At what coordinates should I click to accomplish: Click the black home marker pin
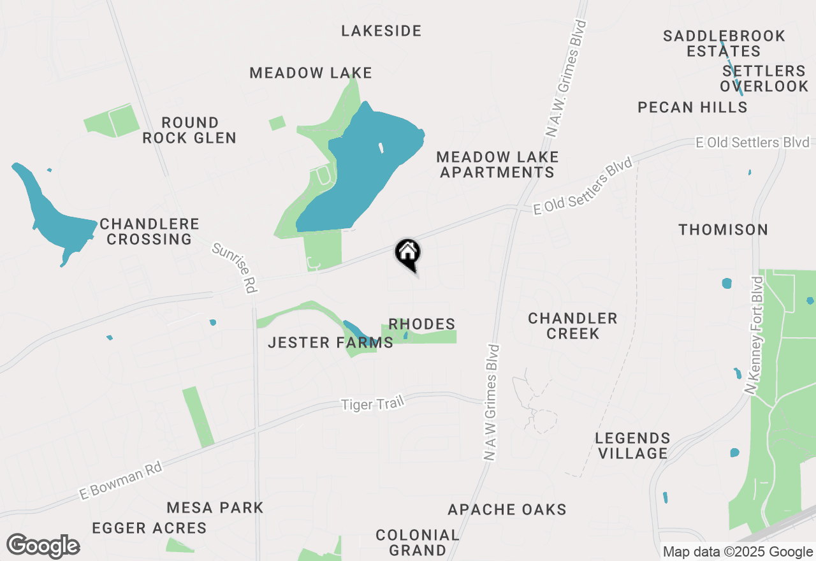tap(408, 254)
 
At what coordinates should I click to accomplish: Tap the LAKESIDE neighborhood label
tap(381, 31)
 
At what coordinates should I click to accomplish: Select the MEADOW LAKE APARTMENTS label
tap(497, 164)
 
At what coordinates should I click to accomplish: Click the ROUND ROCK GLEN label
tap(189, 130)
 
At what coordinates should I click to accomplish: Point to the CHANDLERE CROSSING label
tap(150, 232)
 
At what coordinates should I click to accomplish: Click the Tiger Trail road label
tap(373, 404)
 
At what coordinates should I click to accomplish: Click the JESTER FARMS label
tap(330, 343)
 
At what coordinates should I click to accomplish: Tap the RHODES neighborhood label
tap(422, 324)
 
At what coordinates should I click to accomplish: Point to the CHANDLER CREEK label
tap(572, 326)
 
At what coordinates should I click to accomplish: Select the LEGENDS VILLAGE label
tap(632, 446)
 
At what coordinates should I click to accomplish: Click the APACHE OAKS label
tap(507, 509)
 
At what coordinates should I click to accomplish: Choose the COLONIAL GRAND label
tap(417, 542)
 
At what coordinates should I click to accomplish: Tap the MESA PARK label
tap(215, 507)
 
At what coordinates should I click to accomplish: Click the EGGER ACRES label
tap(149, 528)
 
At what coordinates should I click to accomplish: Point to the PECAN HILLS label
tap(692, 107)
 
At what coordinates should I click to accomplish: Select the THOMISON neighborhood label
tap(723, 229)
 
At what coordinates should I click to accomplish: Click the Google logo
tap(43, 546)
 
